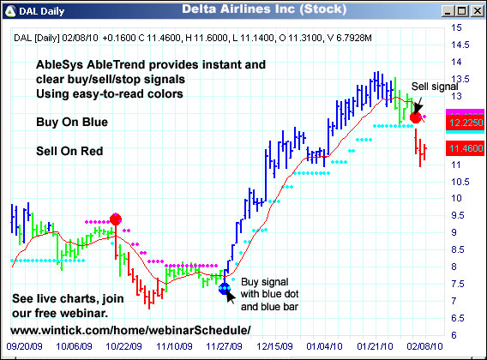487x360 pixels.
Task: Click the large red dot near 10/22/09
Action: pyautogui.click(x=116, y=219)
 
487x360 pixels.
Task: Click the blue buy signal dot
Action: pyautogui.click(x=225, y=289)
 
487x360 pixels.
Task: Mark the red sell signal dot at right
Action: pyautogui.click(x=416, y=116)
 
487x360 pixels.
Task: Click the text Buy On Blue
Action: pyautogui.click(x=72, y=123)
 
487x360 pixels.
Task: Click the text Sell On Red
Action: pyautogui.click(x=69, y=152)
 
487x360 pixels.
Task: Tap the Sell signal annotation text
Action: pyautogui.click(x=435, y=87)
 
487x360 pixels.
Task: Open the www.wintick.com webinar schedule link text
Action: pyautogui.click(x=131, y=330)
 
